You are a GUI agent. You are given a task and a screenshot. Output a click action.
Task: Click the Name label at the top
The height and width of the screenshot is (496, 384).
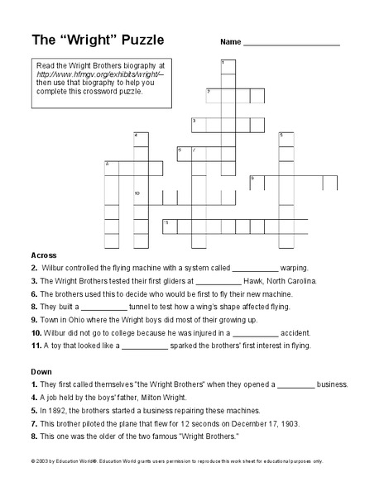tap(230, 41)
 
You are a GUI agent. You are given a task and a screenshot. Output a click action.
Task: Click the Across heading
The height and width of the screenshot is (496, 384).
tap(44, 255)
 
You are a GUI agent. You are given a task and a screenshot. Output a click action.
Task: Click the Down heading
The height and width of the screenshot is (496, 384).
tap(41, 371)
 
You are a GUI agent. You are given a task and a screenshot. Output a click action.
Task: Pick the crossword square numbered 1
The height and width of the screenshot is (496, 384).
tap(228, 67)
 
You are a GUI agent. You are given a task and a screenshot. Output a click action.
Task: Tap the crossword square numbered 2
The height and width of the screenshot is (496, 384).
tap(213, 95)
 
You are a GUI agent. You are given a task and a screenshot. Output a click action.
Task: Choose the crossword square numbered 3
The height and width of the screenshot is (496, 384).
tap(199, 125)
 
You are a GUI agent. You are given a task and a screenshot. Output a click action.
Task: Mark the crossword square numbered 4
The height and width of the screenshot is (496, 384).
tap(140, 139)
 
